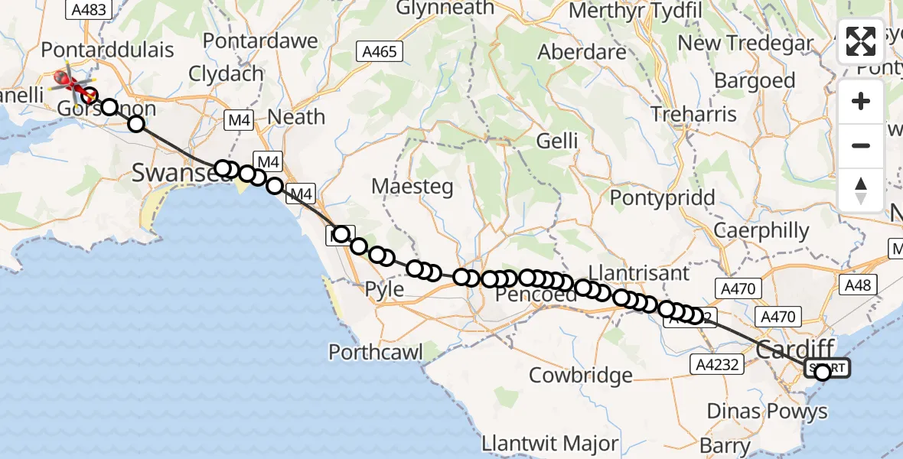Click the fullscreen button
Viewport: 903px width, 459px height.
(861, 41)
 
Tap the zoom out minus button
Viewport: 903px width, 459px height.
(861, 145)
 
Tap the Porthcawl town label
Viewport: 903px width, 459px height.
(375, 352)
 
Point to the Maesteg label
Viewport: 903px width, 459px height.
(412, 186)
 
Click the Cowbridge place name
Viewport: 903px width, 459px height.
(581, 376)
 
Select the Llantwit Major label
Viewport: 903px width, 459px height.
(549, 443)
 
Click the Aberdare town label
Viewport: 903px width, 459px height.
(582, 53)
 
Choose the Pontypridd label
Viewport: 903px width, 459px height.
(662, 197)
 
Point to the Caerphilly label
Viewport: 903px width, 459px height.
(761, 230)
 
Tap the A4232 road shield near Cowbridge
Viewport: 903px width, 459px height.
(719, 364)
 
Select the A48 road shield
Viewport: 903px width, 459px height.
(857, 285)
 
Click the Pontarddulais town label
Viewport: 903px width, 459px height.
(107, 50)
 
